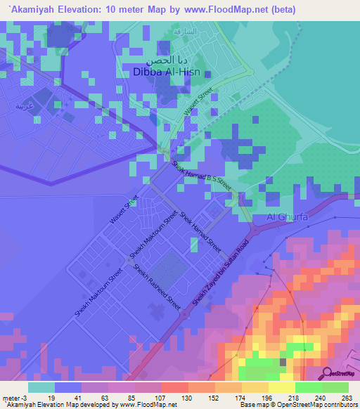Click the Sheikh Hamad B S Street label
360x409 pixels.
point(202,173)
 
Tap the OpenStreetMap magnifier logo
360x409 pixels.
point(326,372)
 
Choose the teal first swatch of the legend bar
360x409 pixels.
point(41,387)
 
